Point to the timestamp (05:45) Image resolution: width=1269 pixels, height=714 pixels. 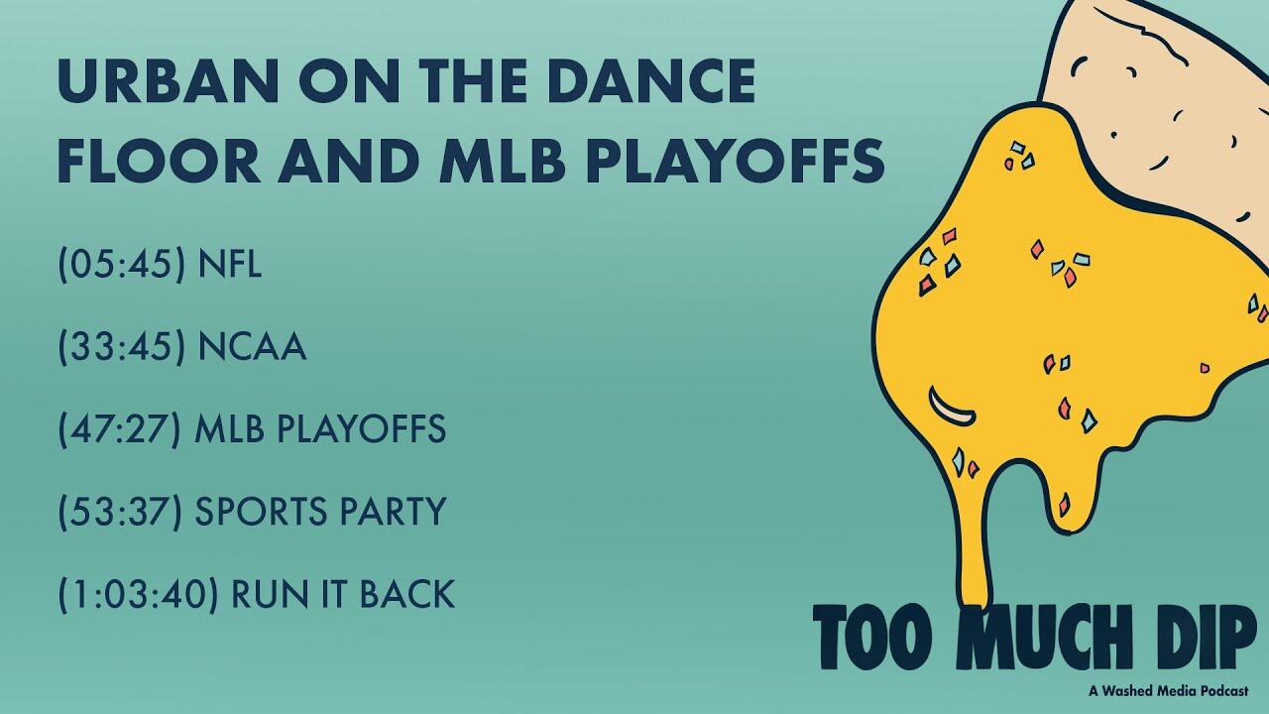pos(122,264)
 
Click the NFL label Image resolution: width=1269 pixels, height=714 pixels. pos(229,264)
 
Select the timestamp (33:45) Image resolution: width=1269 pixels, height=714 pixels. pos(122,346)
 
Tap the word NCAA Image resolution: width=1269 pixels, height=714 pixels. pos(252,346)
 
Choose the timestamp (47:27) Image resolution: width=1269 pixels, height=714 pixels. pos(120,429)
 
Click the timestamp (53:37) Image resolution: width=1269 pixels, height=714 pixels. pos(120,512)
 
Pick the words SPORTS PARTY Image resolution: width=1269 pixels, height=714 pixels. pos(320,512)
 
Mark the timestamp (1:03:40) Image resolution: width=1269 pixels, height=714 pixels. pos(138,594)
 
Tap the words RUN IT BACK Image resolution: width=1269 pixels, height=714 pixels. pos(343,594)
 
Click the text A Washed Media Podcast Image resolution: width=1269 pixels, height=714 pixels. pos(1168,691)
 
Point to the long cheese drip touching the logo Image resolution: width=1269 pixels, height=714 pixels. pos(977,544)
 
